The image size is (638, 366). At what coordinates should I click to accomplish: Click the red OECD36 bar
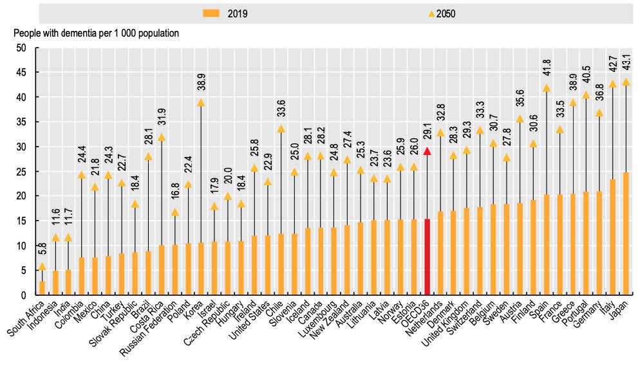pyautogui.click(x=427, y=257)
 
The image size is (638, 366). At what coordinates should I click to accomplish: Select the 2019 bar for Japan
pyautogui.click(x=625, y=233)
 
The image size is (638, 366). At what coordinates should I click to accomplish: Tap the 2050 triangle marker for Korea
pyautogui.click(x=201, y=102)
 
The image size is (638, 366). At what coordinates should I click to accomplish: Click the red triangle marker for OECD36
pyautogui.click(x=427, y=151)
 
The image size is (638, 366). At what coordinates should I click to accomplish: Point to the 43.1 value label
pyautogui.click(x=626, y=67)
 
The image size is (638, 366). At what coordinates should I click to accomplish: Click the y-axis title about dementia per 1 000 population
pyautogui.click(x=96, y=32)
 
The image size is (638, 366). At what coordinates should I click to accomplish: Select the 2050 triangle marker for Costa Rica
pyautogui.click(x=162, y=137)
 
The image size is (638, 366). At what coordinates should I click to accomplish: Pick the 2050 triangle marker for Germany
pyautogui.click(x=598, y=113)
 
